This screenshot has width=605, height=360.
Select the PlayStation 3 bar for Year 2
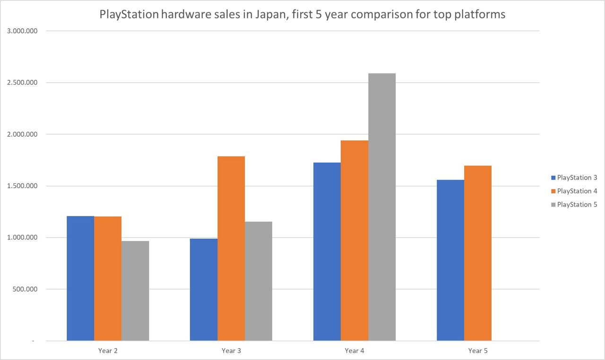coord(80,278)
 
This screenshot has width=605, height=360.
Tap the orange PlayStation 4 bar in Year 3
coord(231,249)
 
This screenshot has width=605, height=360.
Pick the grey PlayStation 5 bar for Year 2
coord(135,291)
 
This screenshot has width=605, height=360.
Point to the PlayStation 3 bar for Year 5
coord(450,260)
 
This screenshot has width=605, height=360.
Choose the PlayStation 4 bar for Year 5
coord(477,253)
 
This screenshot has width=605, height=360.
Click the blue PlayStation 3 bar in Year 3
coord(204,290)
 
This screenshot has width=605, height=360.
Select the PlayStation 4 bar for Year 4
coord(354,240)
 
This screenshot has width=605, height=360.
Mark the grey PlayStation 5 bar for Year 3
coord(259,281)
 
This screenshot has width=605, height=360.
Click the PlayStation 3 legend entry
coord(577,178)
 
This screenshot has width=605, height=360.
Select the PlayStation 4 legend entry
coord(577,191)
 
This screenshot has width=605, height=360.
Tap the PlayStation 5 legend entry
coord(577,205)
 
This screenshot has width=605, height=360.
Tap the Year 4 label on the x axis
coord(354,351)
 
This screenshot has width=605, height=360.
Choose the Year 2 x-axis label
coord(108,351)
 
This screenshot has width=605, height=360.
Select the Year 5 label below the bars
coord(478,351)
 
